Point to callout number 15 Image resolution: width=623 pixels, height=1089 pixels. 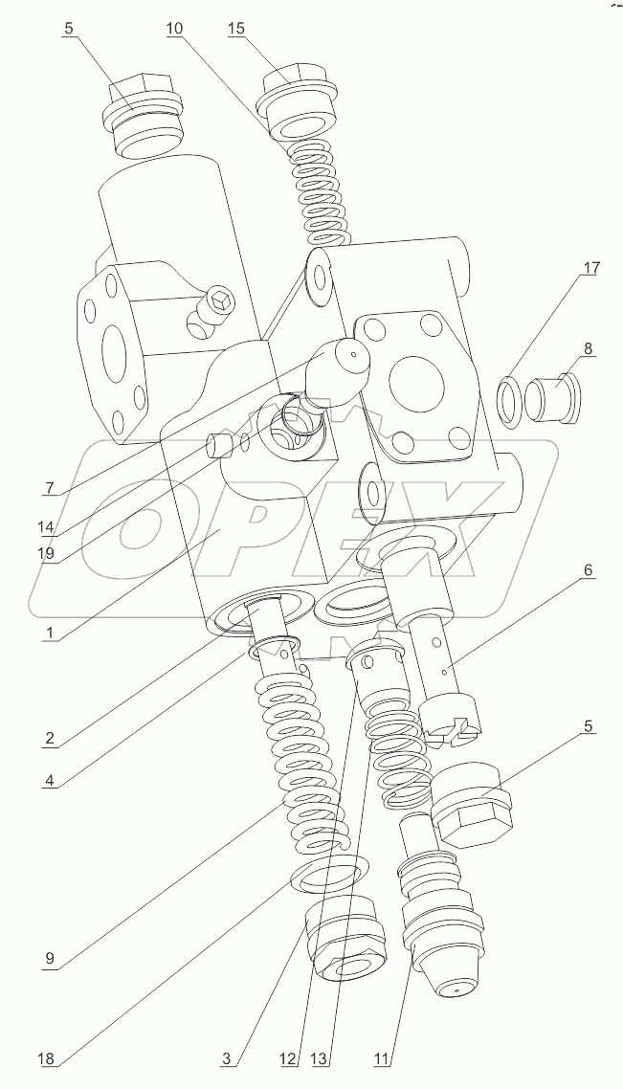tap(236, 29)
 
